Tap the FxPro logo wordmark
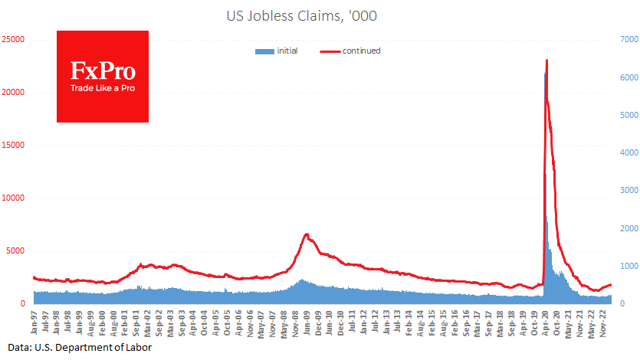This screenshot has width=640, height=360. pyautogui.click(x=103, y=71)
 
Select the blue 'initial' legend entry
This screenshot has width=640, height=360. pyautogui.click(x=277, y=51)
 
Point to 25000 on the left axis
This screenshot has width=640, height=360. pyautogui.click(x=14, y=38)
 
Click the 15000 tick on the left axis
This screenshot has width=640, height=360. pyautogui.click(x=14, y=145)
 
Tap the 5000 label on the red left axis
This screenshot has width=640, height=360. pyautogui.click(x=16, y=250)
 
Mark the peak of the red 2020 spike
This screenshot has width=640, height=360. pyautogui.click(x=546, y=60)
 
